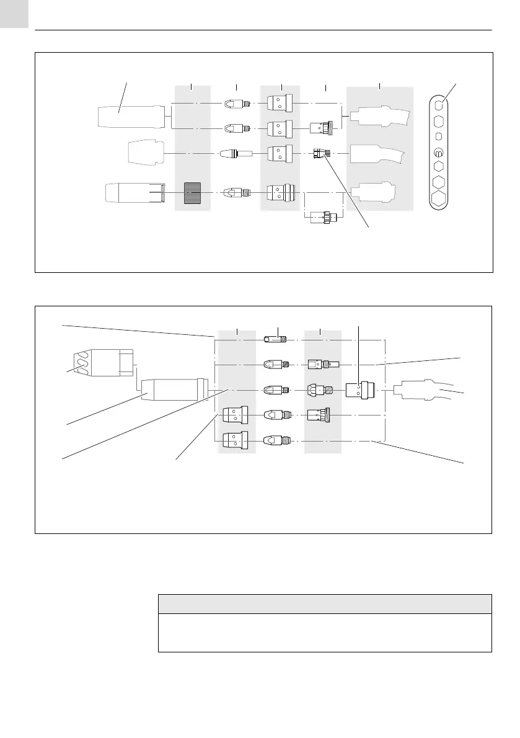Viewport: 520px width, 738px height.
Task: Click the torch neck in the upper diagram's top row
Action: point(379,117)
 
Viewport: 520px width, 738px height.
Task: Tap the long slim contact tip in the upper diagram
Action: point(236,153)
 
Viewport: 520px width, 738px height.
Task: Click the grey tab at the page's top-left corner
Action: point(14,14)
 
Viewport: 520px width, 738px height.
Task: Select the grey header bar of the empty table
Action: point(325,604)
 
